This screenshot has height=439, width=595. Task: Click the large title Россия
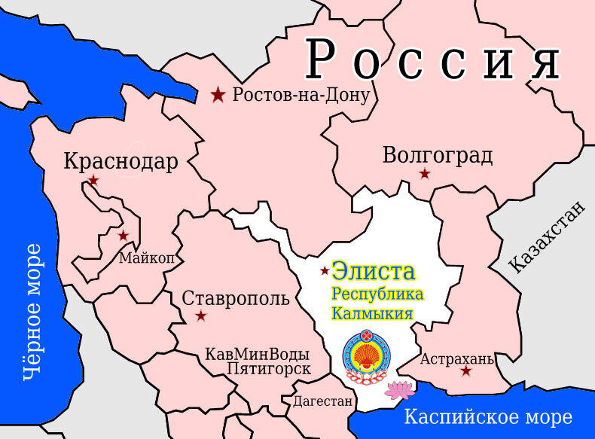pyautogui.click(x=433, y=60)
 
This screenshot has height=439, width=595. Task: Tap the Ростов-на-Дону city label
pyautogui.click(x=301, y=95)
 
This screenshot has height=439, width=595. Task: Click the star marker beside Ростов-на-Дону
pyautogui.click(x=218, y=95)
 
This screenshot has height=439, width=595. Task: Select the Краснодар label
pyautogui.click(x=121, y=161)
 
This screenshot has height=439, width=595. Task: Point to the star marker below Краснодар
pyautogui.click(x=93, y=180)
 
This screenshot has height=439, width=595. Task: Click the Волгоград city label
pyautogui.click(x=438, y=156)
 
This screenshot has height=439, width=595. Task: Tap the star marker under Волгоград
pyautogui.click(x=425, y=174)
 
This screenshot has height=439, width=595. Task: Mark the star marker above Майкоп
pyautogui.click(x=124, y=236)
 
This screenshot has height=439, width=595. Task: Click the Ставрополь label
pyautogui.click(x=236, y=298)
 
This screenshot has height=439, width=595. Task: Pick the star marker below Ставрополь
pyautogui.click(x=201, y=316)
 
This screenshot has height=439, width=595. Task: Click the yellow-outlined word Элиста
pyautogui.click(x=374, y=271)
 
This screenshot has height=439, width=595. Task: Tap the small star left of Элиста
pyautogui.click(x=325, y=270)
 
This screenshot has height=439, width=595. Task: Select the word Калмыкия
pyautogui.click(x=372, y=312)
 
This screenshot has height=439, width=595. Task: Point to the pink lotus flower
pyautogui.click(x=399, y=389)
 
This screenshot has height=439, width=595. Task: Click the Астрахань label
pyautogui.click(x=456, y=358)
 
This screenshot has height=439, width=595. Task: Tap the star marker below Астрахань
pyautogui.click(x=466, y=370)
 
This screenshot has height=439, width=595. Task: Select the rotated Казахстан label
pyautogui.click(x=547, y=237)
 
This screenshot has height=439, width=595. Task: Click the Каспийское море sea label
pyautogui.click(x=488, y=416)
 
